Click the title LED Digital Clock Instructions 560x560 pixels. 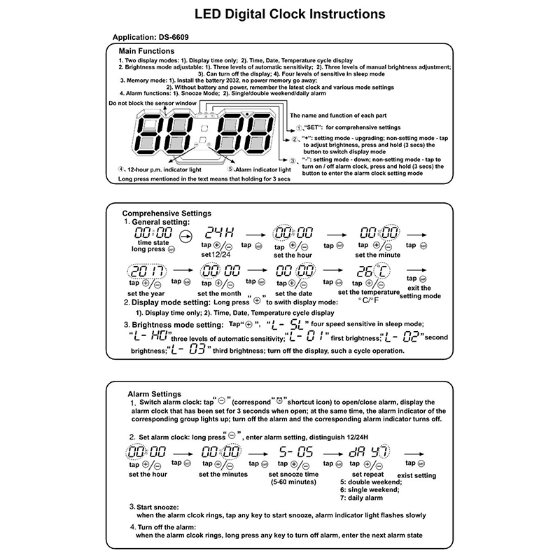[280, 13]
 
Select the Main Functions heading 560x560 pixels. [147, 52]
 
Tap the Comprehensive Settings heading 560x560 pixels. [167, 213]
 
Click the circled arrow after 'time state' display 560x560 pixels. [185, 237]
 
